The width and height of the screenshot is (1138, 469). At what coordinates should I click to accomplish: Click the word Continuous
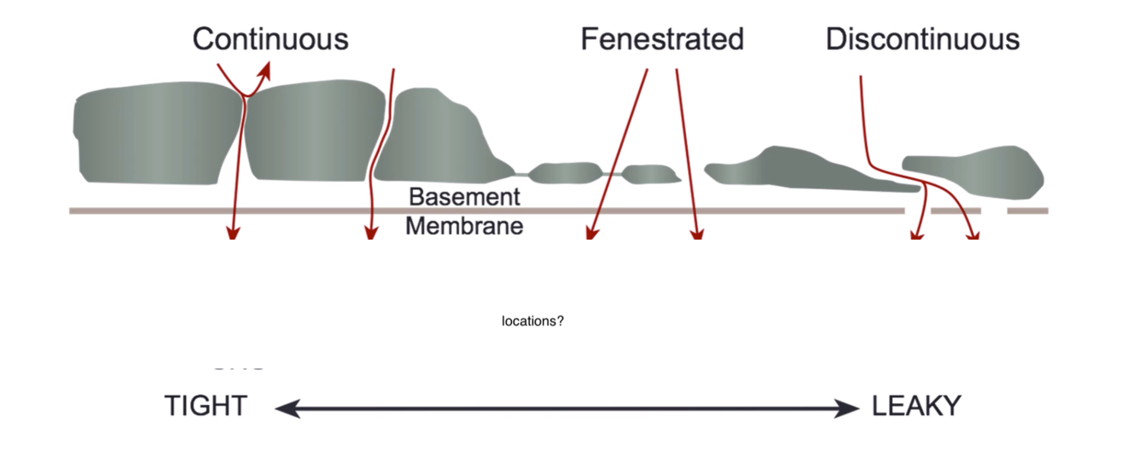[270, 39]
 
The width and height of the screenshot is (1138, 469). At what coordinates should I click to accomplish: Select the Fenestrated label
[662, 39]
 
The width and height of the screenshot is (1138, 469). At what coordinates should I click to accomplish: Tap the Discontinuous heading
[922, 39]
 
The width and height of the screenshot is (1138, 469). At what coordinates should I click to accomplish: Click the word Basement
[464, 197]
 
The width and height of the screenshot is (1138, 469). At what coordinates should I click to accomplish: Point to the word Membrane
[464, 226]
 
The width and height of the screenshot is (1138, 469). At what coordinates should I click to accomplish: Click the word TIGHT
[206, 407]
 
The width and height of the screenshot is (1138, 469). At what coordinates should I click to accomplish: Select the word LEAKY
[916, 407]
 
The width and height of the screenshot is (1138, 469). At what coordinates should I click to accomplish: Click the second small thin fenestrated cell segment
[651, 173]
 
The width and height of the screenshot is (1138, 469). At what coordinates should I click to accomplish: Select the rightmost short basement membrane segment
[1027, 211]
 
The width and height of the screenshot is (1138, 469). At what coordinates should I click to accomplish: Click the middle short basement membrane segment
[955, 211]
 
